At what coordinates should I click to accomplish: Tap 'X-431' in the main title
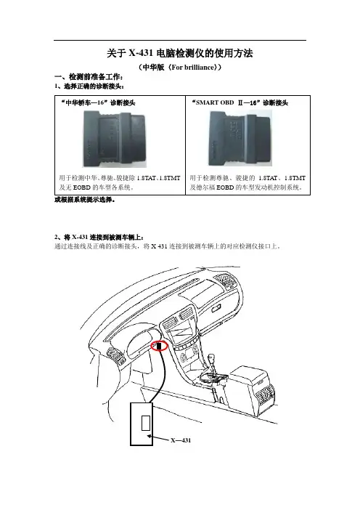pos(141,53)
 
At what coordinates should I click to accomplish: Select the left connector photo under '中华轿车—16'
pos(115,139)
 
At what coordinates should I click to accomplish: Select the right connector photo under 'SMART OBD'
pos(240,139)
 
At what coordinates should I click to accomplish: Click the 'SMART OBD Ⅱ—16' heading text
pos(240,102)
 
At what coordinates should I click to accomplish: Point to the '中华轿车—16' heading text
pos(98,102)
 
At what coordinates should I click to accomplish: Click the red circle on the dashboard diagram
pos(159,346)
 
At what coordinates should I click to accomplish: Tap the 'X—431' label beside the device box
pos(181,440)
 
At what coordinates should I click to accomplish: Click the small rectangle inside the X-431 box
pos(146,423)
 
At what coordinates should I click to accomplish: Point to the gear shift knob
pos(212,357)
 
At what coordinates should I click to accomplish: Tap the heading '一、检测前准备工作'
pos(89,77)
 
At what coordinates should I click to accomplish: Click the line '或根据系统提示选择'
pos(84,200)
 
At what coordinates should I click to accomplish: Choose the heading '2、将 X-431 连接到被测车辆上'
pos(99,237)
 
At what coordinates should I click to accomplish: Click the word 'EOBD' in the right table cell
pos(225,187)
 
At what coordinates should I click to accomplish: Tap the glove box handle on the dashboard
pos(217,307)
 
